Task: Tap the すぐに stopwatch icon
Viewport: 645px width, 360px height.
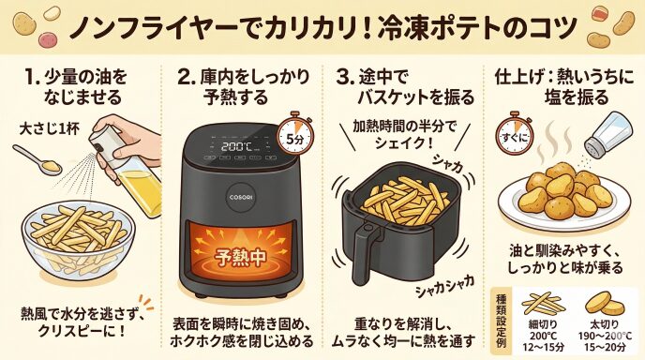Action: [x=514, y=136]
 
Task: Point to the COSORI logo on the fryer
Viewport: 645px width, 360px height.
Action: [x=241, y=197]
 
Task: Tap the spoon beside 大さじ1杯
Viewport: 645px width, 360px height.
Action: [x=37, y=159]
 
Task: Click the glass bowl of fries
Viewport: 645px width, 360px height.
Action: [x=78, y=242]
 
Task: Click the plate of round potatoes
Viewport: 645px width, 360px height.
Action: [x=564, y=198]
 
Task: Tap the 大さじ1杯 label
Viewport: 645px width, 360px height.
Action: [x=50, y=129]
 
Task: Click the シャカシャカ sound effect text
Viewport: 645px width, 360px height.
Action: [x=444, y=286]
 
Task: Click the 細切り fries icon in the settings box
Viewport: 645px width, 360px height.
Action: [x=543, y=304]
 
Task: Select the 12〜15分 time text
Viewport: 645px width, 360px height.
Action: [x=543, y=347]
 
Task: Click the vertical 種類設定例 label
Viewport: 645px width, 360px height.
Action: [x=502, y=321]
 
